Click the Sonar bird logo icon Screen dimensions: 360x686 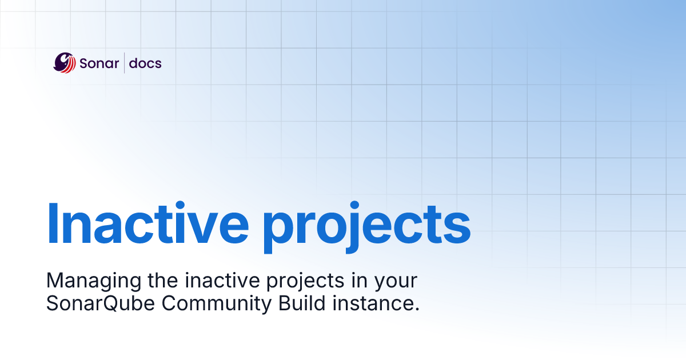point(65,63)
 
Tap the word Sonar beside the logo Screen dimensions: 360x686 point(99,63)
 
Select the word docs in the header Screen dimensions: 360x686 point(145,63)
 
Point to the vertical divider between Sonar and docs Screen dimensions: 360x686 point(125,63)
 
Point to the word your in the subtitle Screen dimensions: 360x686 point(398,282)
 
